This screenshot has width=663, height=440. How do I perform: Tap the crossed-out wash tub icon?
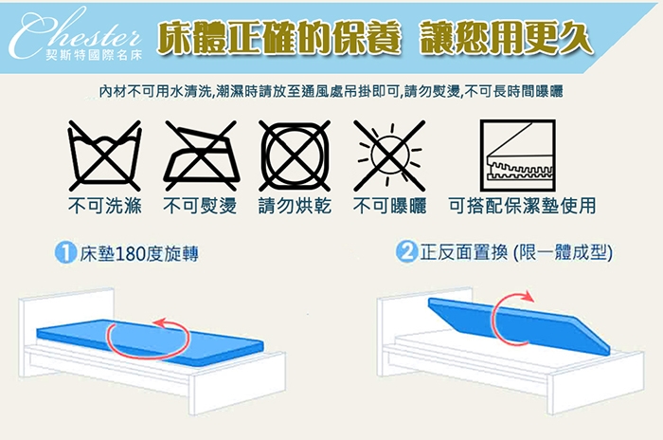point(104,156)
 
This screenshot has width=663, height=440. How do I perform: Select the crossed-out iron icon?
point(201,156)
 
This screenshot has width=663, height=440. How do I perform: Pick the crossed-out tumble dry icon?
point(295,156)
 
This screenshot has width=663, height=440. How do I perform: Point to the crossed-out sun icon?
point(389,156)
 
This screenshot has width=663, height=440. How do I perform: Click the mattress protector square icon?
point(517,156)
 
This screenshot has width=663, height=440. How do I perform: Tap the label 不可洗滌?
point(105,206)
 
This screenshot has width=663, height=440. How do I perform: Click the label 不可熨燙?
point(200,206)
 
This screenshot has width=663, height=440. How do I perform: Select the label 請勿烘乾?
point(295,206)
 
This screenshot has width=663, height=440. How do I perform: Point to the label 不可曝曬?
point(390,206)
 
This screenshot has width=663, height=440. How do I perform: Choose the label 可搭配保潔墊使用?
point(522,206)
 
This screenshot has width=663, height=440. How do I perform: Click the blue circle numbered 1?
point(65,253)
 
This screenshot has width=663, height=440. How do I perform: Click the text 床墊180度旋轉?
point(139,253)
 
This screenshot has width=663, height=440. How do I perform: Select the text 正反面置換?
point(463,252)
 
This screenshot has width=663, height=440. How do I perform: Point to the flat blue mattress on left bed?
point(150,340)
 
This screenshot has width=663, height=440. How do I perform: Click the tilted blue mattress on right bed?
point(519,325)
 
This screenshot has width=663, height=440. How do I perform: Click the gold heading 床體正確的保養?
point(278,39)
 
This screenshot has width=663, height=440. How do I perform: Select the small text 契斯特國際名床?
point(94,56)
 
